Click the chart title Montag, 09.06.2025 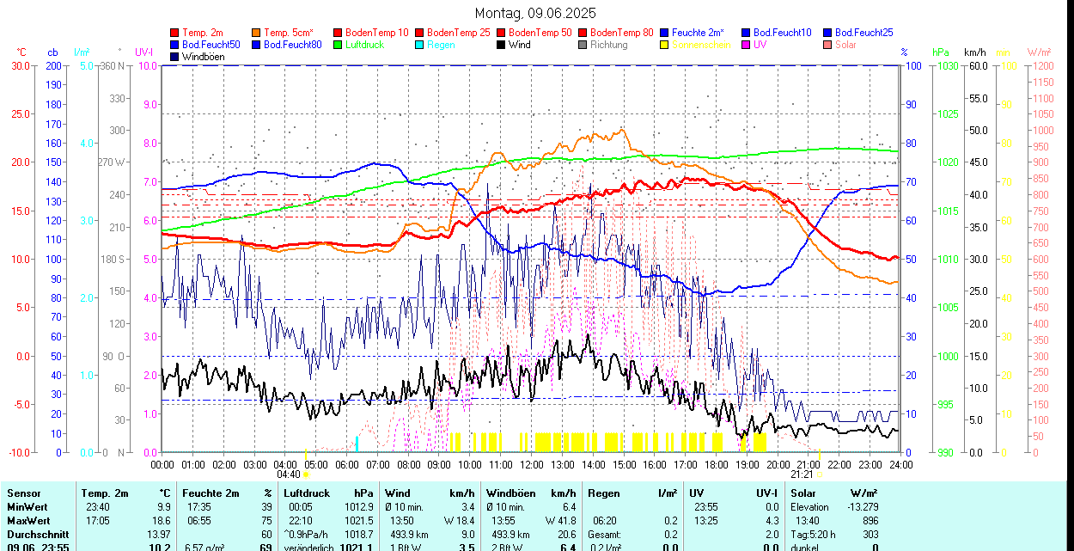[535, 13]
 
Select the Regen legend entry [441, 45]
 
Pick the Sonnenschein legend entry [701, 45]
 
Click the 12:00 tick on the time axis [532, 465]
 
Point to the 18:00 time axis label [716, 465]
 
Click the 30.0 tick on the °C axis [19, 65]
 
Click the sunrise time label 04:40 [289, 474]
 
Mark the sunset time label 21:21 [802, 474]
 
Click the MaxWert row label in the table [28, 521]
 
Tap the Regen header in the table [604, 493]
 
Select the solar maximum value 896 [870, 521]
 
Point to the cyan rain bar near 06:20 [357, 443]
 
